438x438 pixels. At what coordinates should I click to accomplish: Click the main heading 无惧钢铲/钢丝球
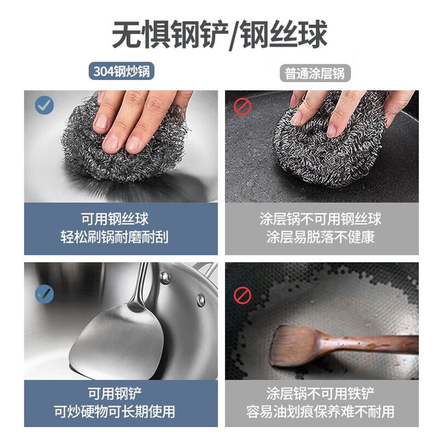tap(220, 35)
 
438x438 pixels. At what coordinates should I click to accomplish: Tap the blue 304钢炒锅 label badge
tap(122, 71)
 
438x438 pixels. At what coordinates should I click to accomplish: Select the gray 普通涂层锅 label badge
tap(315, 73)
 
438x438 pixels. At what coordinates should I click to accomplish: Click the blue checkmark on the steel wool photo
tap(44, 105)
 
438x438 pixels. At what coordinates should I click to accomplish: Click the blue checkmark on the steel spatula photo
tap(44, 294)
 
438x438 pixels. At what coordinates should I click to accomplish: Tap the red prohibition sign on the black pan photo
tap(242, 107)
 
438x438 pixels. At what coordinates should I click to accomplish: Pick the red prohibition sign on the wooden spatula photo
tap(242, 295)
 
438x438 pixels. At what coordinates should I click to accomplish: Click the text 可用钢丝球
tap(115, 219)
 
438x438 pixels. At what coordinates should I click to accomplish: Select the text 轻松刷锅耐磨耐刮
tap(115, 237)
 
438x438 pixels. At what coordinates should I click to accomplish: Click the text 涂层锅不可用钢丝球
tap(320, 219)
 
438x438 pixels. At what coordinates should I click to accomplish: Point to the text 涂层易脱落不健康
tap(320, 237)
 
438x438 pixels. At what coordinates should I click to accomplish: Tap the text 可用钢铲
tap(115, 394)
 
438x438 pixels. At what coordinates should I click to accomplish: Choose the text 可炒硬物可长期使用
tap(115, 411)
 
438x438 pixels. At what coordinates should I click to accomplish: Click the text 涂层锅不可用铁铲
tap(320, 394)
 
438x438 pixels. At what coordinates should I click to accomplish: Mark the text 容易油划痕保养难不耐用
tap(320, 411)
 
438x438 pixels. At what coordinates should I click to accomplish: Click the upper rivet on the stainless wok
tap(165, 277)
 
